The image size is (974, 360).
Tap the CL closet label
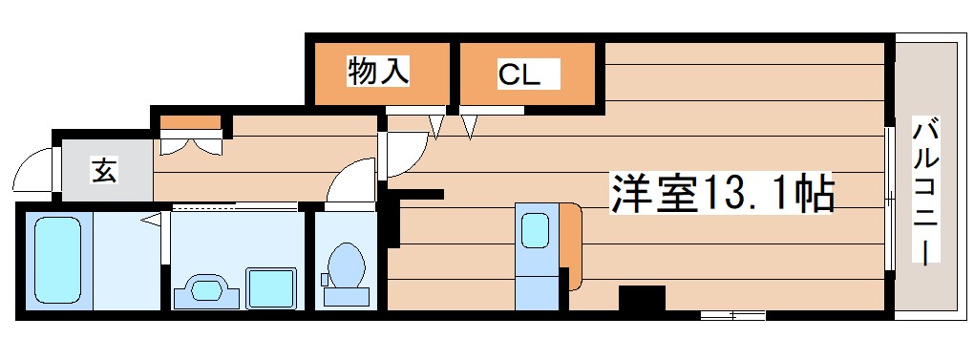519,74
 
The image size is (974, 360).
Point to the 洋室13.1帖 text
723,194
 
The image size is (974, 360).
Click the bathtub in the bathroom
56,259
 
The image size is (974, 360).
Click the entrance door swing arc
33,172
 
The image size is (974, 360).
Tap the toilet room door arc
349,180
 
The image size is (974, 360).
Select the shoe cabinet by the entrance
190,123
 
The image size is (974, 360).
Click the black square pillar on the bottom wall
642,300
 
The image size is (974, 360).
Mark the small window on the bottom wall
732,313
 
